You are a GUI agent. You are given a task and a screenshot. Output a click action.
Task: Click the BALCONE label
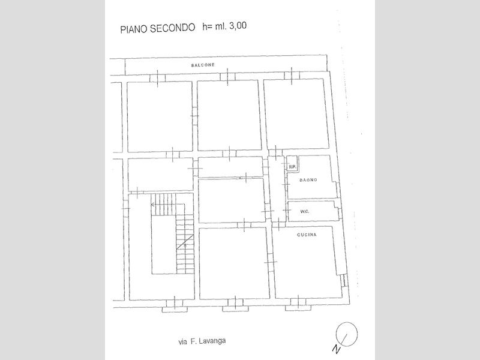(203, 65)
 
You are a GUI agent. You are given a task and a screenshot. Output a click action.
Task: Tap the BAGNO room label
(308, 180)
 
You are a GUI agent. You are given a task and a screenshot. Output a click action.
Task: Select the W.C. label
(305, 212)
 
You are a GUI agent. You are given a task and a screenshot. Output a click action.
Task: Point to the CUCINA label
(307, 235)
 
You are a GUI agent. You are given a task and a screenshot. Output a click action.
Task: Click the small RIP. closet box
(292, 163)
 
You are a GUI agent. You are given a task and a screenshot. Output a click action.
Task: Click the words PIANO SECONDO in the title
(158, 28)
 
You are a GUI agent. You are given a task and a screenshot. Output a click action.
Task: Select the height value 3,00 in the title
(238, 26)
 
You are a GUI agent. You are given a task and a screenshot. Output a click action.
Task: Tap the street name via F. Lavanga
(202, 341)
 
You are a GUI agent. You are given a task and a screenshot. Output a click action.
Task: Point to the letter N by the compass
(337, 349)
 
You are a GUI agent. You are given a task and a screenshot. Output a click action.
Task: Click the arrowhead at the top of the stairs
(152, 204)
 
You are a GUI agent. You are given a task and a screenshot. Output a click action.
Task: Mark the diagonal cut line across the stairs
(184, 242)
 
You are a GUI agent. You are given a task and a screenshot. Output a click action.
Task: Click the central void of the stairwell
(164, 244)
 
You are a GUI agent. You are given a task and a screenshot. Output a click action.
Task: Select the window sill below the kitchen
(298, 308)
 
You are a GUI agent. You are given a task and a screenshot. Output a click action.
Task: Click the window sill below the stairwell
(175, 310)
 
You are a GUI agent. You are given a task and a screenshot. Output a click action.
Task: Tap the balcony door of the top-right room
(292, 76)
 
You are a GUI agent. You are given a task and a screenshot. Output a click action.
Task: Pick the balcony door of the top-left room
(157, 79)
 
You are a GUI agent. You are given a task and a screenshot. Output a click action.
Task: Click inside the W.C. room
(313, 211)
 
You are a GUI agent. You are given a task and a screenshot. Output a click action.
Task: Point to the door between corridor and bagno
(287, 185)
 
